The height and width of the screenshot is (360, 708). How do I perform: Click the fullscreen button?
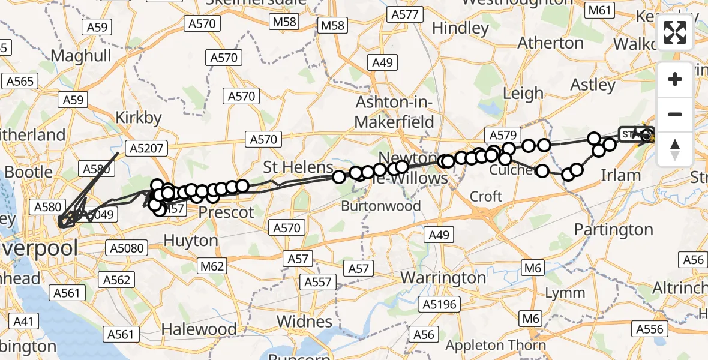[675, 32]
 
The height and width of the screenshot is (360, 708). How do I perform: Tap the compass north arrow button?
[675, 149]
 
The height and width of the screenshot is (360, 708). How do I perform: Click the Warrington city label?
[443, 278]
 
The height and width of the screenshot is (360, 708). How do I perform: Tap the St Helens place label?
[298, 166]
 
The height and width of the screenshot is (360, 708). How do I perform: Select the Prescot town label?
[226, 212]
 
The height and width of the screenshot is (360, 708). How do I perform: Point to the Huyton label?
[191, 241]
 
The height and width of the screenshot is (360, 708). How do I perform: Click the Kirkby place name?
[139, 117]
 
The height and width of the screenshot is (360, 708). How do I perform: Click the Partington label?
[613, 229]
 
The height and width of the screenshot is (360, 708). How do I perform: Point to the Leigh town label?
[523, 94]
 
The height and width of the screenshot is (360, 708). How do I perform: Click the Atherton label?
[550, 43]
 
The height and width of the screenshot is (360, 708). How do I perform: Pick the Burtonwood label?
[381, 206]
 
